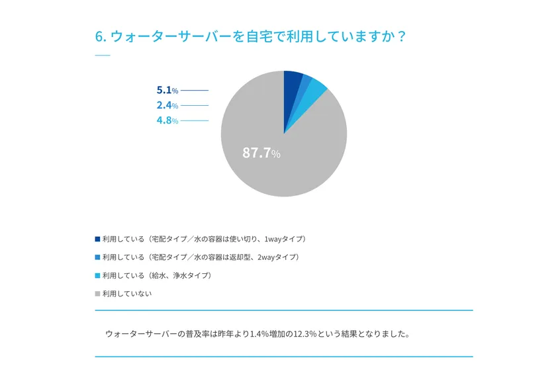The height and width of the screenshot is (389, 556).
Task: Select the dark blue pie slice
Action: pos(293,83)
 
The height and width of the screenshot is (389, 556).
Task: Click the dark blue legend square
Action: pos(98,239)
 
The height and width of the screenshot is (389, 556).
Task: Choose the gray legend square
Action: pos(98,294)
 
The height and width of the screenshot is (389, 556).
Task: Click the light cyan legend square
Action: pos(98,275)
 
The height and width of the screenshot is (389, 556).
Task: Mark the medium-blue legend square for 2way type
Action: pos(98,257)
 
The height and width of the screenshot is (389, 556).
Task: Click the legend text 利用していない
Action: pos(127,294)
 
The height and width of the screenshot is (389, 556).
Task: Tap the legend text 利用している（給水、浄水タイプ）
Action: pos(157,275)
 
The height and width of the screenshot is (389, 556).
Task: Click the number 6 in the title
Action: pos(99,36)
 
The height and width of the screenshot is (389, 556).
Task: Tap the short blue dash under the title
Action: pos(103,55)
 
